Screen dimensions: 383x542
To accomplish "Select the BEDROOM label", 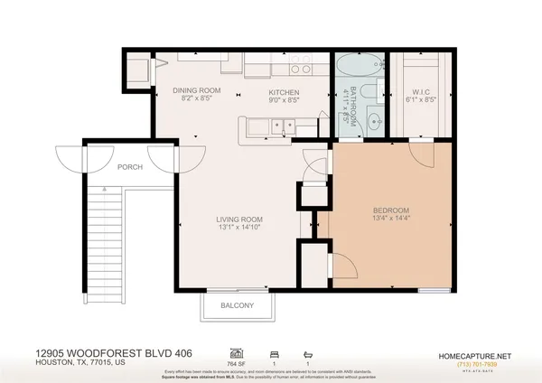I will (x=391, y=210).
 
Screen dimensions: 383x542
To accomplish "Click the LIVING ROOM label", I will (x=238, y=220).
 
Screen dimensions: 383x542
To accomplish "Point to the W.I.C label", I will (x=422, y=90).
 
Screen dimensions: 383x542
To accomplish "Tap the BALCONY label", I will (x=238, y=305).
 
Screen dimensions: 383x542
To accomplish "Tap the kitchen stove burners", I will (x=302, y=68).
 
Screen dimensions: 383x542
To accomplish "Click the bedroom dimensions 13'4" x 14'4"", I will (x=391, y=220).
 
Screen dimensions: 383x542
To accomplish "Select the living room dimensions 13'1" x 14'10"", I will (x=238, y=229).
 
